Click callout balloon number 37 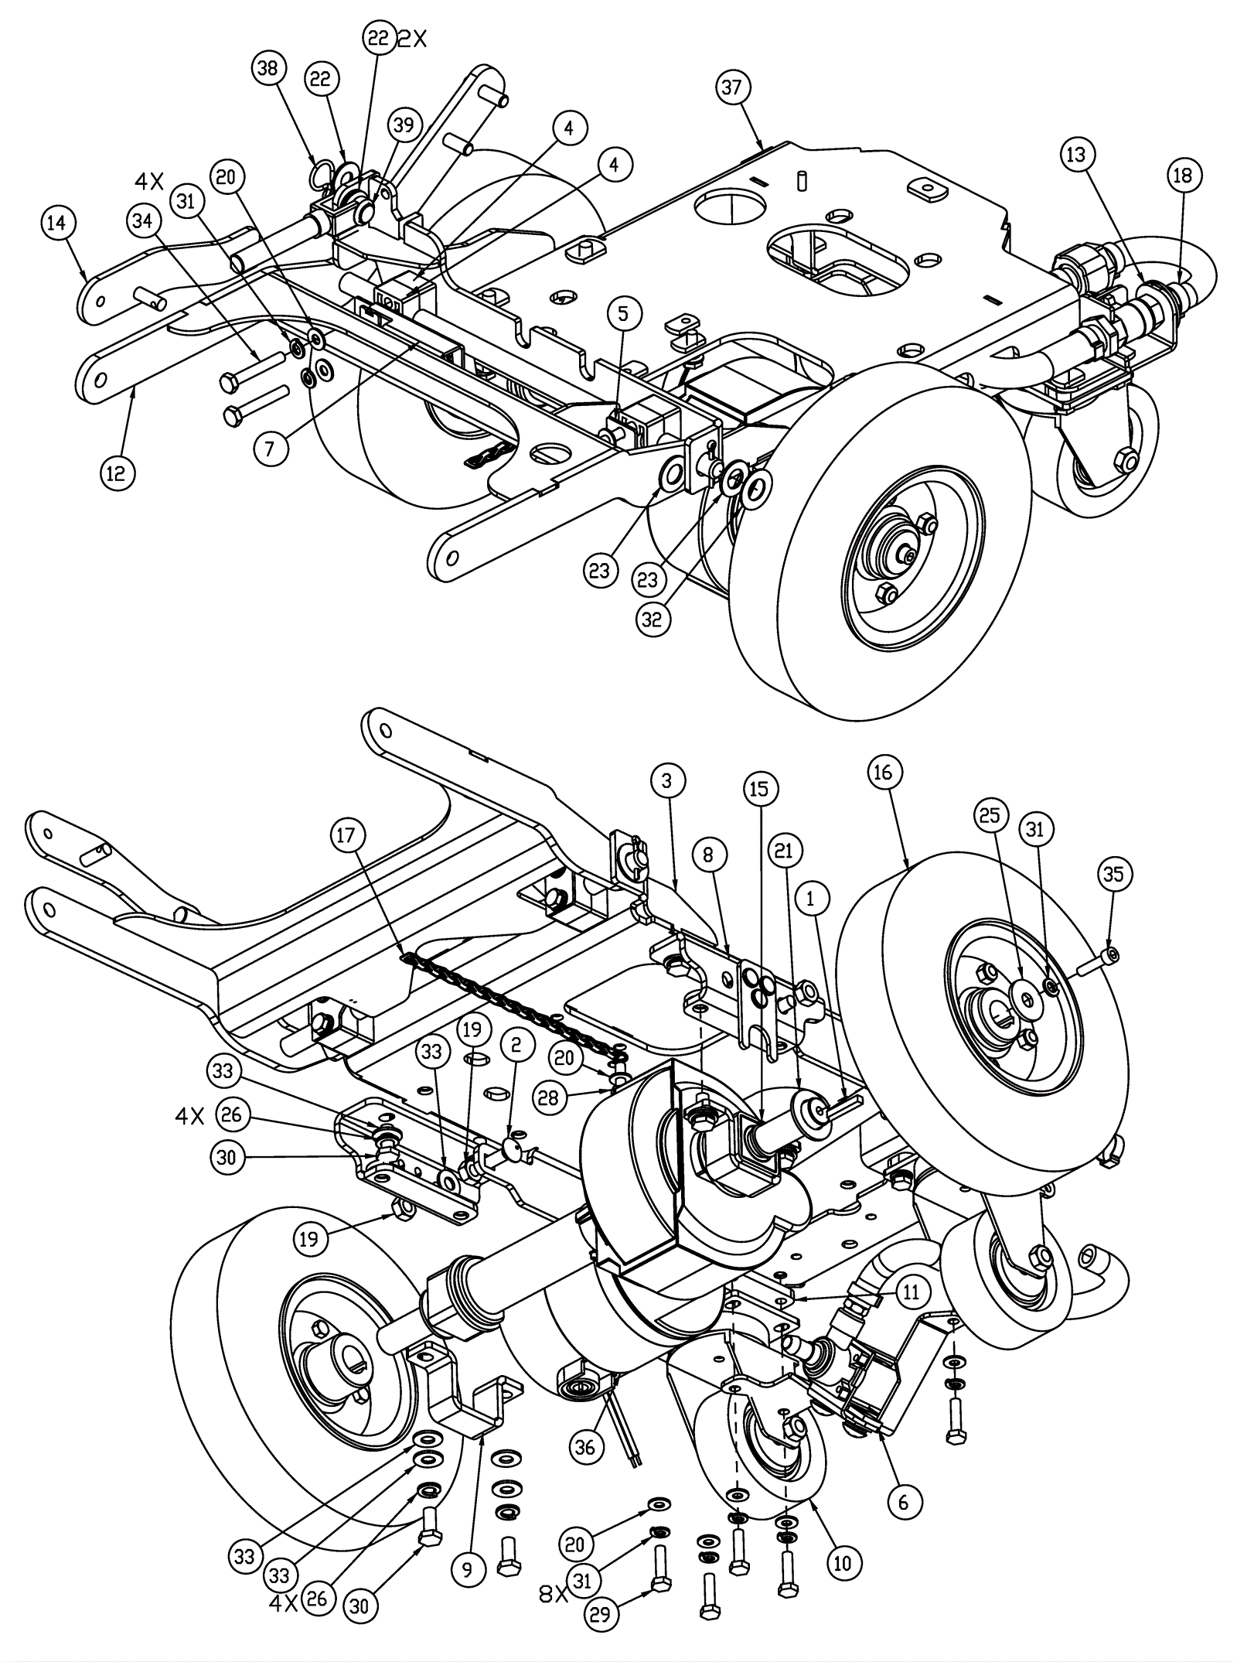click(x=731, y=87)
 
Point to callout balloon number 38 click(x=268, y=68)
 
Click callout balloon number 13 click(x=1076, y=155)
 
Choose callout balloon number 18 click(x=1183, y=176)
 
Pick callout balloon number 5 click(x=624, y=313)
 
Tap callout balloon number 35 click(x=1113, y=874)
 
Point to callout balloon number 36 click(x=585, y=1445)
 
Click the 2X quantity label click(x=411, y=39)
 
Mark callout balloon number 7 click(x=270, y=448)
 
